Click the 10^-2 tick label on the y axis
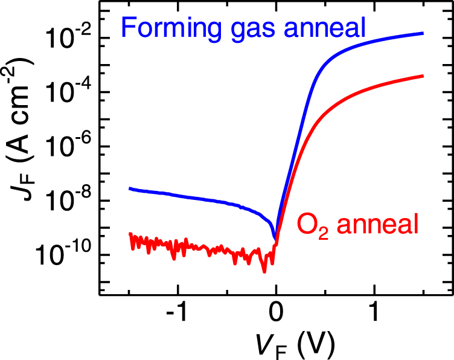click(x=68, y=37)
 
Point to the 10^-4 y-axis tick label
click(x=68, y=92)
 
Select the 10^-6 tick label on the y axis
click(x=68, y=146)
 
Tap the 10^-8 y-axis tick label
click(x=68, y=201)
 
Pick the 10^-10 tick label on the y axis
click(x=64, y=255)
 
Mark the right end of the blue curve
click(x=423, y=33)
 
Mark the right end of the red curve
click(x=423, y=76)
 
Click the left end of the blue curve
click(x=130, y=188)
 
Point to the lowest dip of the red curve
click(x=264, y=272)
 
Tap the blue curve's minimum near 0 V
click(x=275, y=237)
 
